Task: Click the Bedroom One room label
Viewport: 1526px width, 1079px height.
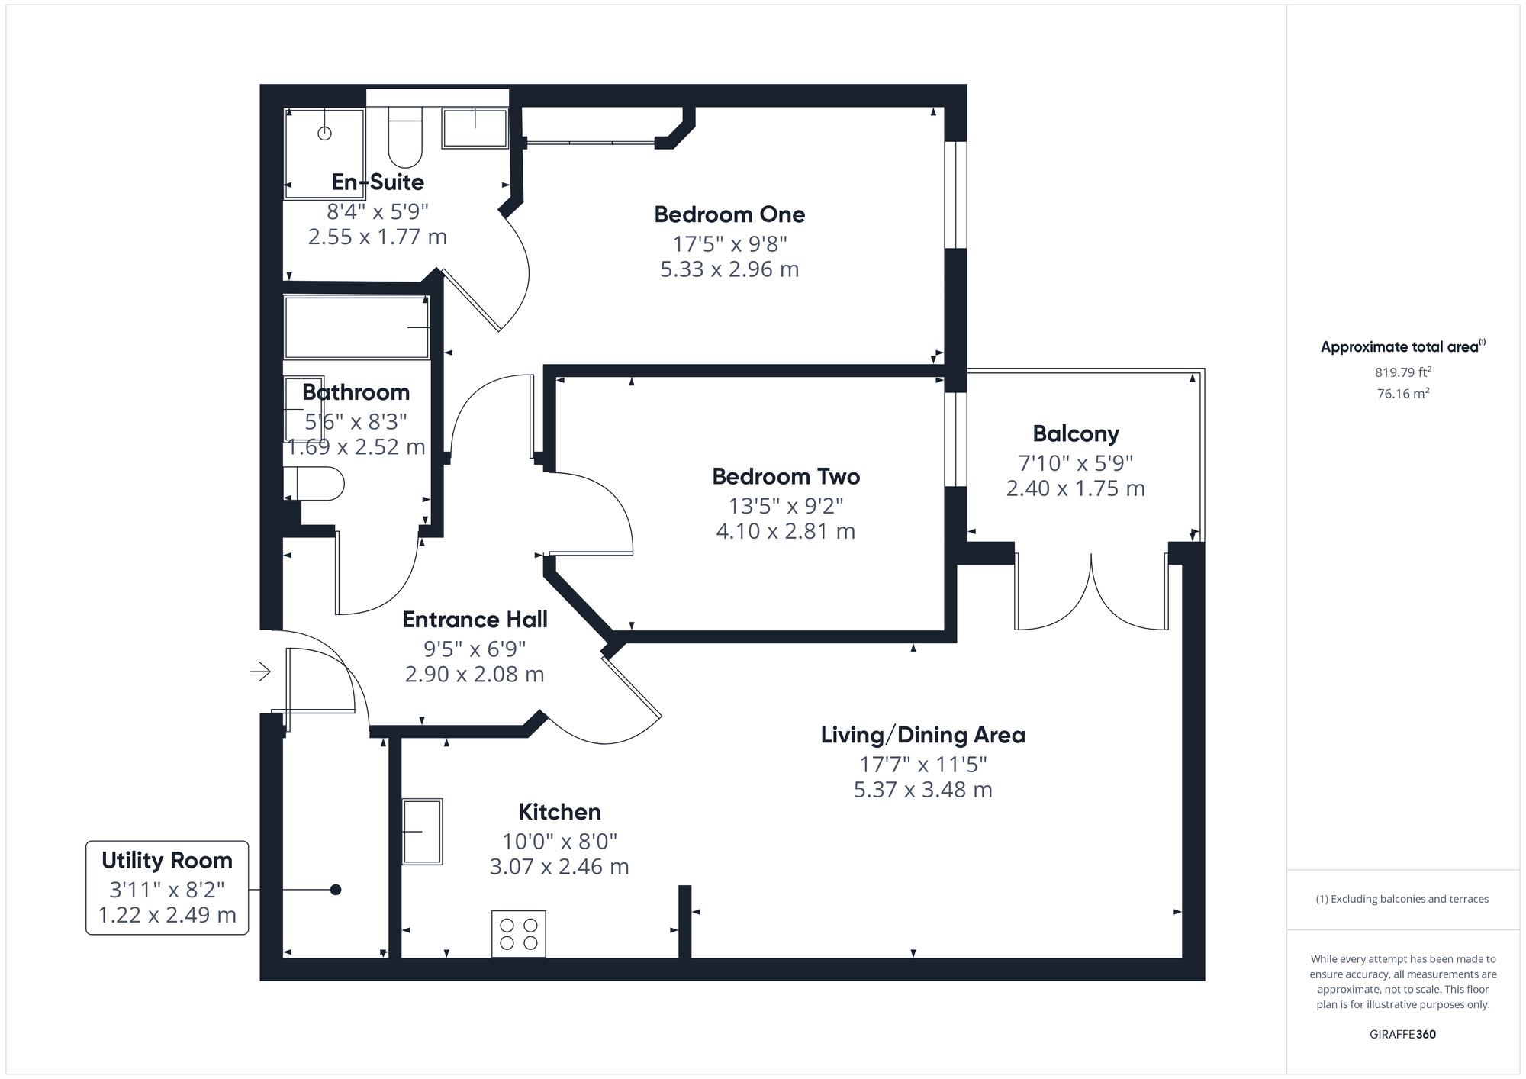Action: pyautogui.click(x=729, y=214)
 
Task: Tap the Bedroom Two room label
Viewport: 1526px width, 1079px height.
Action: pyautogui.click(x=786, y=476)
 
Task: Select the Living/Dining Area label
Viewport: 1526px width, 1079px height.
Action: pyautogui.click(x=922, y=735)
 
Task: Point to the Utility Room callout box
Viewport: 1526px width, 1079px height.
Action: pyautogui.click(x=167, y=887)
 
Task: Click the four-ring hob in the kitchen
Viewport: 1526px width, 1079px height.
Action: pyautogui.click(x=519, y=934)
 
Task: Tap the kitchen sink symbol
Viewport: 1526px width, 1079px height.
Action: pyautogui.click(x=422, y=831)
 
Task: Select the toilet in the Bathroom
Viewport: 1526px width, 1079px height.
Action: pyautogui.click(x=314, y=484)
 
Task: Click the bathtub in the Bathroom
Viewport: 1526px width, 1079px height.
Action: pyautogui.click(x=356, y=327)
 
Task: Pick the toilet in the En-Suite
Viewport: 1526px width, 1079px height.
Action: pyautogui.click(x=405, y=137)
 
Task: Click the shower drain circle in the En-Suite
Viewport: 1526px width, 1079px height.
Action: pyautogui.click(x=325, y=134)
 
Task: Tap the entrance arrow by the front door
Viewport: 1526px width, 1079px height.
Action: pyautogui.click(x=261, y=672)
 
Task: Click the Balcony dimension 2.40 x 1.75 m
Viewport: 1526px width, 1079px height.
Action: pyautogui.click(x=1075, y=488)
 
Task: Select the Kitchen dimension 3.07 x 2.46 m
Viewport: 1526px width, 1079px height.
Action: pyautogui.click(x=559, y=867)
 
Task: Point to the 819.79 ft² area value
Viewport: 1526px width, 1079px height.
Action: pyautogui.click(x=1403, y=372)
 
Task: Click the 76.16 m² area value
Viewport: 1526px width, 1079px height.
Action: pyautogui.click(x=1403, y=394)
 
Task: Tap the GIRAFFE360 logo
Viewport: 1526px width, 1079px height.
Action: pyautogui.click(x=1402, y=1035)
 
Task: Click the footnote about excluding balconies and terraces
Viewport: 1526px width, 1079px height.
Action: pyautogui.click(x=1402, y=899)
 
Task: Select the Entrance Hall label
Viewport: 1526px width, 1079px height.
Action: pyautogui.click(x=475, y=619)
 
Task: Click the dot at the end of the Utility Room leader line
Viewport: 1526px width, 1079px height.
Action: pyautogui.click(x=335, y=890)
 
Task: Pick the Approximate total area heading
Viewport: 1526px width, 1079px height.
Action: pyautogui.click(x=1402, y=346)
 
